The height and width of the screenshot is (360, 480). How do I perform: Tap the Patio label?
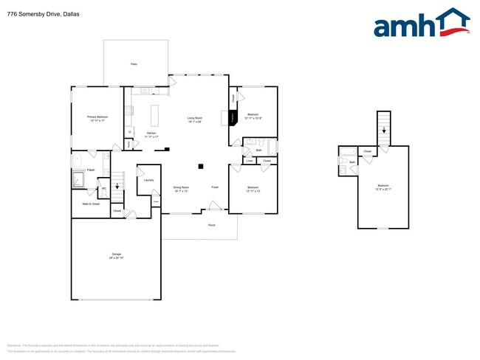pos(134,65)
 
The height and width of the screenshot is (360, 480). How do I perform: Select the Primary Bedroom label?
pos(97,118)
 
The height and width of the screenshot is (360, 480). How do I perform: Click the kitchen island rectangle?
pos(155,116)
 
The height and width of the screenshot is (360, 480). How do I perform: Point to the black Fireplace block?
pos(233,117)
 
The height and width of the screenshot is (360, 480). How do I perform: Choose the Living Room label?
pos(194,119)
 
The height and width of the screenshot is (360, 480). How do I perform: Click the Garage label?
pos(116,255)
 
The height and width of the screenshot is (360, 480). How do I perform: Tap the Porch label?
pos(212,225)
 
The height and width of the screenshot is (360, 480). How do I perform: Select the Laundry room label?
pos(148,180)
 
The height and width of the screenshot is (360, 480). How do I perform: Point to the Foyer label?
pos(215,187)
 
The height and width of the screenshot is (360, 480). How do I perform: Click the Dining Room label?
pos(181,188)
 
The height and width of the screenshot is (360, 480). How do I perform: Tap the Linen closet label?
pos(249,160)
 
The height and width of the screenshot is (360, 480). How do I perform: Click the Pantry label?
pos(130,145)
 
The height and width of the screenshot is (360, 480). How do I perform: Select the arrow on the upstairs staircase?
pos(383,129)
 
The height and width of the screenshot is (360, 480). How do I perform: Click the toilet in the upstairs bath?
pos(343,170)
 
